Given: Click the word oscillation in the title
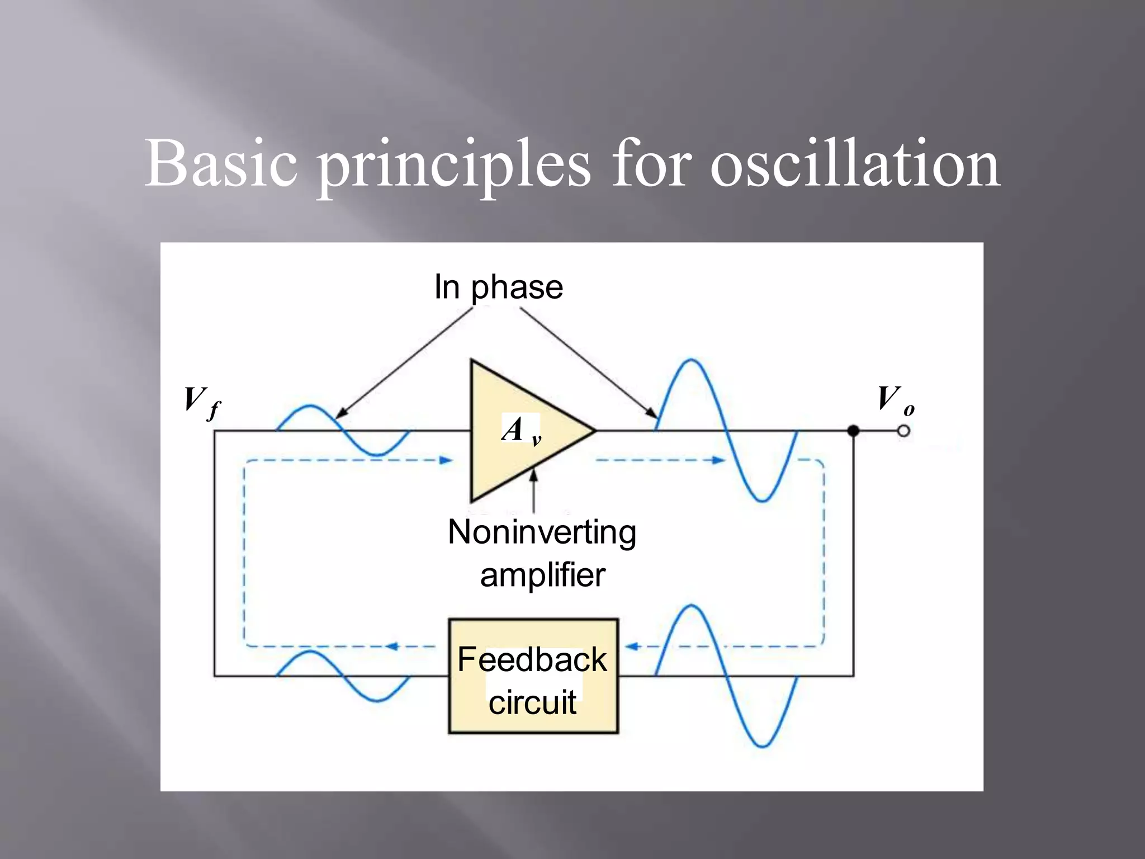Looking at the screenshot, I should [x=855, y=164].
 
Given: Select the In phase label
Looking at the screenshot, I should [x=498, y=288].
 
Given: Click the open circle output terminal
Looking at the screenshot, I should [x=903, y=431].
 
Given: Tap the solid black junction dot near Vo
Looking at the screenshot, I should [x=853, y=431].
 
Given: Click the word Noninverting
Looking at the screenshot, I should [x=542, y=532].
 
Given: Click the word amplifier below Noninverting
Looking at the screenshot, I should [x=542, y=575].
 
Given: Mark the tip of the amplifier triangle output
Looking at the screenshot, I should [x=595, y=431].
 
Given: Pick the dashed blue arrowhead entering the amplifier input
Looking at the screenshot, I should [x=446, y=460].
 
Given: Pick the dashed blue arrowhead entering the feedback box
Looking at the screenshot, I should [x=631, y=646].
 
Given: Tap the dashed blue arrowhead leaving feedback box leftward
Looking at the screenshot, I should [x=391, y=646].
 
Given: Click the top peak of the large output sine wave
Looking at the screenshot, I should [x=692, y=360].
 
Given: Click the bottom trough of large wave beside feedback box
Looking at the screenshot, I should [x=762, y=745].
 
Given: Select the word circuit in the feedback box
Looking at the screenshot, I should [x=532, y=703].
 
